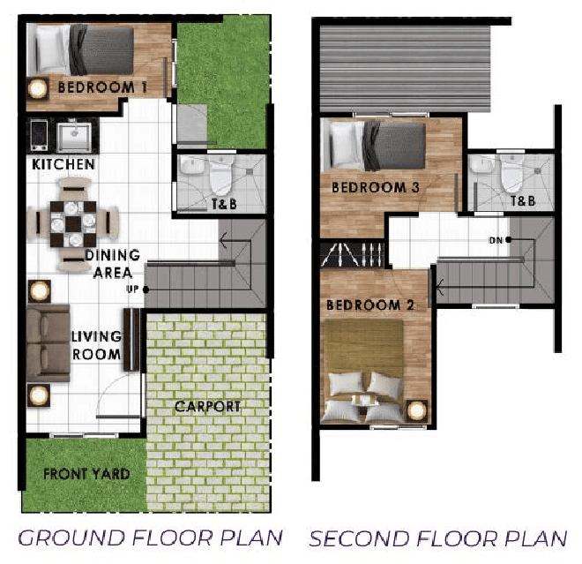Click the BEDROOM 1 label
(102, 87)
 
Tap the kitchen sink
(74, 137)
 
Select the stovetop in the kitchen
(39, 135)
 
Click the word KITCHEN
(63, 164)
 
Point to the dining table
(73, 224)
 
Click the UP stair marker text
(132, 289)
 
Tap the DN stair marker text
(496, 241)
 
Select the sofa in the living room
(48, 343)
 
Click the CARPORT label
(207, 407)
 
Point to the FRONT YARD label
(86, 474)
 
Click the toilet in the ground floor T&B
(220, 176)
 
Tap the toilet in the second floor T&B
(512, 174)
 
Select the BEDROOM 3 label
(376, 187)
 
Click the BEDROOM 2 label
(370, 305)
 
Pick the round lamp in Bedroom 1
(38, 89)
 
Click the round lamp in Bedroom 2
(417, 410)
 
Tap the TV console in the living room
(131, 340)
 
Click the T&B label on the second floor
(523, 201)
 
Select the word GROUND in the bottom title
(71, 538)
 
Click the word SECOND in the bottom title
(359, 538)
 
